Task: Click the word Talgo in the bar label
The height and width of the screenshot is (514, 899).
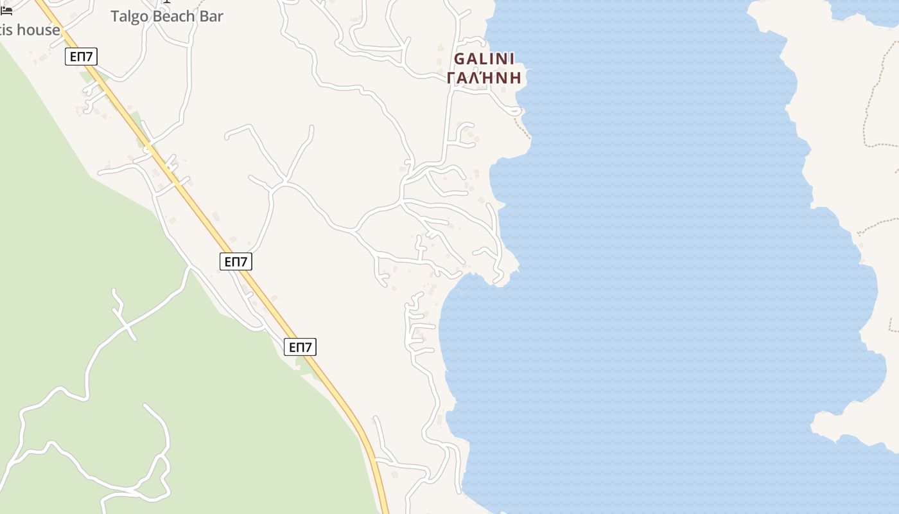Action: pos(130,17)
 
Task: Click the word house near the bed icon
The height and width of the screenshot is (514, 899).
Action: pos(39,30)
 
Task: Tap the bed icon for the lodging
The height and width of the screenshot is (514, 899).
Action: pos(6,10)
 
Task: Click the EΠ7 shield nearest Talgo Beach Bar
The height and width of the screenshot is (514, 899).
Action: pos(81,57)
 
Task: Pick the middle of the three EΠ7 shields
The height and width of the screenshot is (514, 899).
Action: pos(236,261)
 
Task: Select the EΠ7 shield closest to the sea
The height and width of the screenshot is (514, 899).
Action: pos(300,348)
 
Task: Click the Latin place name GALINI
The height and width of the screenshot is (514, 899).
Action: pos(484,59)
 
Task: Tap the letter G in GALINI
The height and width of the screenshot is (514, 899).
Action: pos(460,59)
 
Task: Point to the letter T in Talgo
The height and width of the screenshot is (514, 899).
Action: pos(115,17)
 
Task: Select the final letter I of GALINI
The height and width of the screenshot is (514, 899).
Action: pos(512,59)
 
